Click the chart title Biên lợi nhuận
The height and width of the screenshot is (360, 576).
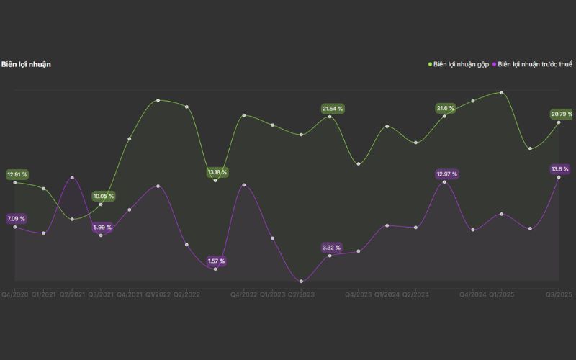tap(26, 64)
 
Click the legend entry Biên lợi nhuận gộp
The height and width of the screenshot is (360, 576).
tap(461, 64)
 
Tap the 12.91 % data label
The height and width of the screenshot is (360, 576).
tap(17, 174)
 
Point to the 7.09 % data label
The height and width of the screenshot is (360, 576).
tap(16, 218)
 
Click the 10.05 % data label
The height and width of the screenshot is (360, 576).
tap(103, 196)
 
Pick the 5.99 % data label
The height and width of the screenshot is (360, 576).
tap(102, 228)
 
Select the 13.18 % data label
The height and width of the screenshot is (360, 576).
tap(217, 173)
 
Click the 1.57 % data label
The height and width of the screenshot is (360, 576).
tap(216, 261)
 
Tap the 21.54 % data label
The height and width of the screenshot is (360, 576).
tap(332, 109)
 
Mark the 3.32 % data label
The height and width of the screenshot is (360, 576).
tap(332, 248)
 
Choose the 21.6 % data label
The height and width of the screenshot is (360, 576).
tap(446, 109)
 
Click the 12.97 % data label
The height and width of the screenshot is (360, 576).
tap(446, 174)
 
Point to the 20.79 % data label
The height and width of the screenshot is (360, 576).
tap(562, 114)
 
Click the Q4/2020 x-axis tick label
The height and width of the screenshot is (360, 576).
tap(14, 294)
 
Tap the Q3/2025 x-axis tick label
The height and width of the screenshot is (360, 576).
tap(558, 294)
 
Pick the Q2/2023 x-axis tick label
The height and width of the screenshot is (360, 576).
tap(301, 294)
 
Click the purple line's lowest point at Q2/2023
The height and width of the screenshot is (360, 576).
tap(301, 281)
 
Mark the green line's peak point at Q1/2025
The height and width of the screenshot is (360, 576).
tap(502, 93)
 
